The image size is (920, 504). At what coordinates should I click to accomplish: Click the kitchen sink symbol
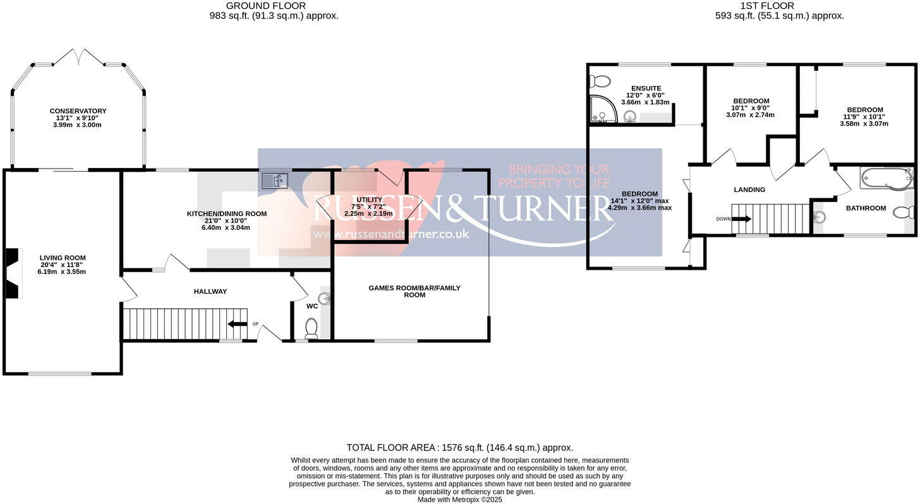(x=275, y=181)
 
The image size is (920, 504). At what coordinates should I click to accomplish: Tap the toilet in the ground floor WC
(x=312, y=328)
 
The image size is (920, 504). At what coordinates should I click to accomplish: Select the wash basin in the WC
(x=325, y=299)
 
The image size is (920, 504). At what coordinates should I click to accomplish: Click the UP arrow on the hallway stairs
(x=238, y=324)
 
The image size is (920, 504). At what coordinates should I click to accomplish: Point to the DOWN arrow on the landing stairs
(x=741, y=219)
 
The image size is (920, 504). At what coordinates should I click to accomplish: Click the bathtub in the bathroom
(x=887, y=179)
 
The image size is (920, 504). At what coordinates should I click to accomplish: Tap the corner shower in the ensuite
(x=603, y=109)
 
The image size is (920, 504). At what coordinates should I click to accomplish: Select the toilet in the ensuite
(x=600, y=81)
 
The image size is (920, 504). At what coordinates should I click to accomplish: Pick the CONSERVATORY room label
(x=78, y=111)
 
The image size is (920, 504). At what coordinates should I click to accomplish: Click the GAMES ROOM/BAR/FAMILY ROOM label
(x=415, y=291)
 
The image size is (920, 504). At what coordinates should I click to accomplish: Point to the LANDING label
(x=749, y=189)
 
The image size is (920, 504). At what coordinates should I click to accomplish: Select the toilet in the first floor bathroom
(x=903, y=213)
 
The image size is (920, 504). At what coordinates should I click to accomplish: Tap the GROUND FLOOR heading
(x=266, y=6)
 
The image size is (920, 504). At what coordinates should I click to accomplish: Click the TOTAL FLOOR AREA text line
(x=459, y=448)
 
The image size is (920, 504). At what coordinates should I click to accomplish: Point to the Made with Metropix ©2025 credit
(x=459, y=500)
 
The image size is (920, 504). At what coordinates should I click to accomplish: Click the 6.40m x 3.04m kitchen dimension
(x=226, y=227)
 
